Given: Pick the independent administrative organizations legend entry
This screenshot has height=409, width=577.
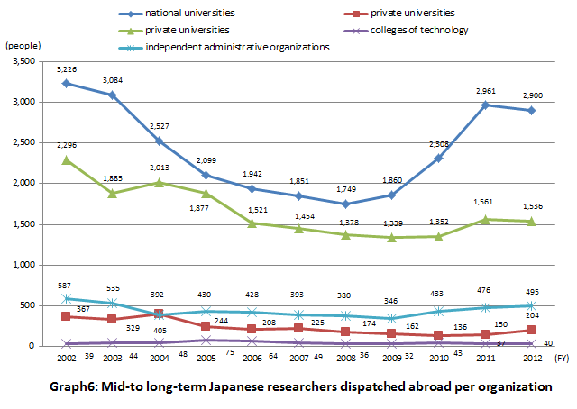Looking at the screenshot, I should coord(237,47).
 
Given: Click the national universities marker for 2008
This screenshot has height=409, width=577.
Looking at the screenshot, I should coord(340,204).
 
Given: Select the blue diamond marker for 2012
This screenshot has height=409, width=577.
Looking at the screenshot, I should coord(533,111).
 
